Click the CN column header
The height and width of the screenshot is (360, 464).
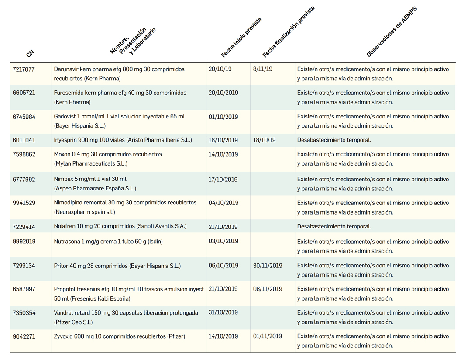[30, 54]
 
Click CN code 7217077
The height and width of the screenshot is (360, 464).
[24, 69]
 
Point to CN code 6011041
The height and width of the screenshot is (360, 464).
[24, 141]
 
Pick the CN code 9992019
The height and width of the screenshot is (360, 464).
[24, 242]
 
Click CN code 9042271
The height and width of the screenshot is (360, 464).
[24, 336]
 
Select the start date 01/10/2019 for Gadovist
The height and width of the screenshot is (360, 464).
[223, 117]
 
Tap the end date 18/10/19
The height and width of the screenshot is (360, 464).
[264, 141]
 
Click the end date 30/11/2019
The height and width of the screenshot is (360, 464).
[268, 266]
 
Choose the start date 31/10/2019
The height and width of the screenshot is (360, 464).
[223, 313]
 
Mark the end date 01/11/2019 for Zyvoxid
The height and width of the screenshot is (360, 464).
[268, 336]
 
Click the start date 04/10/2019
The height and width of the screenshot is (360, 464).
[223, 203]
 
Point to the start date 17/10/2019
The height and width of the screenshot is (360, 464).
[223, 180]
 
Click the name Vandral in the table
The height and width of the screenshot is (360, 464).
[64, 313]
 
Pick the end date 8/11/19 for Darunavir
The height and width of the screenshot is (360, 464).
[262, 69]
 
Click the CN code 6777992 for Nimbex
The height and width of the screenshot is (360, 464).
[24, 180]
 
